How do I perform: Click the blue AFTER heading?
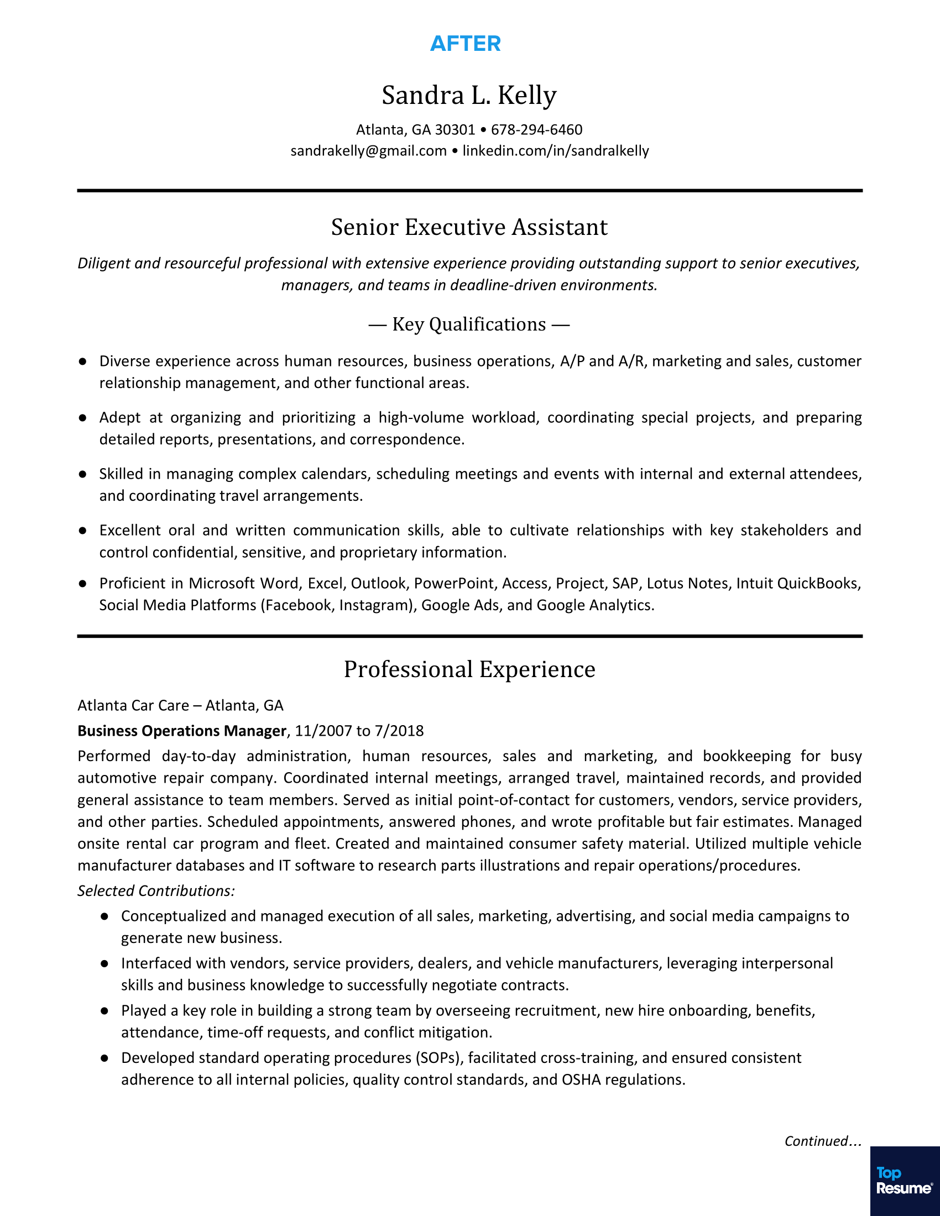(466, 44)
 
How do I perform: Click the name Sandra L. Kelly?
(469, 95)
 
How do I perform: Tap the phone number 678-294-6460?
(536, 130)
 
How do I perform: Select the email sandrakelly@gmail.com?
(368, 151)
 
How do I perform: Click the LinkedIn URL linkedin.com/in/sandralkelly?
(555, 151)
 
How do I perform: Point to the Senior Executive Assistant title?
(469, 227)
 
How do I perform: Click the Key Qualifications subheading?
(469, 324)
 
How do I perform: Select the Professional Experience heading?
(469, 669)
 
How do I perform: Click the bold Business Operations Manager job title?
(181, 731)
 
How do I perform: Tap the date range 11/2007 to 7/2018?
(359, 731)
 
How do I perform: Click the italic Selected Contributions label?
(156, 890)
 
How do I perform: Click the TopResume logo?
(905, 1181)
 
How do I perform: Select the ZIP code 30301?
(455, 130)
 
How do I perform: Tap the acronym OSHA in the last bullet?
(581, 1079)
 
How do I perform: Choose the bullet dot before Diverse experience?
(82, 361)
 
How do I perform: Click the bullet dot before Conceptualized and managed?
(104, 916)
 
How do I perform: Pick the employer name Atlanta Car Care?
(133, 705)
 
